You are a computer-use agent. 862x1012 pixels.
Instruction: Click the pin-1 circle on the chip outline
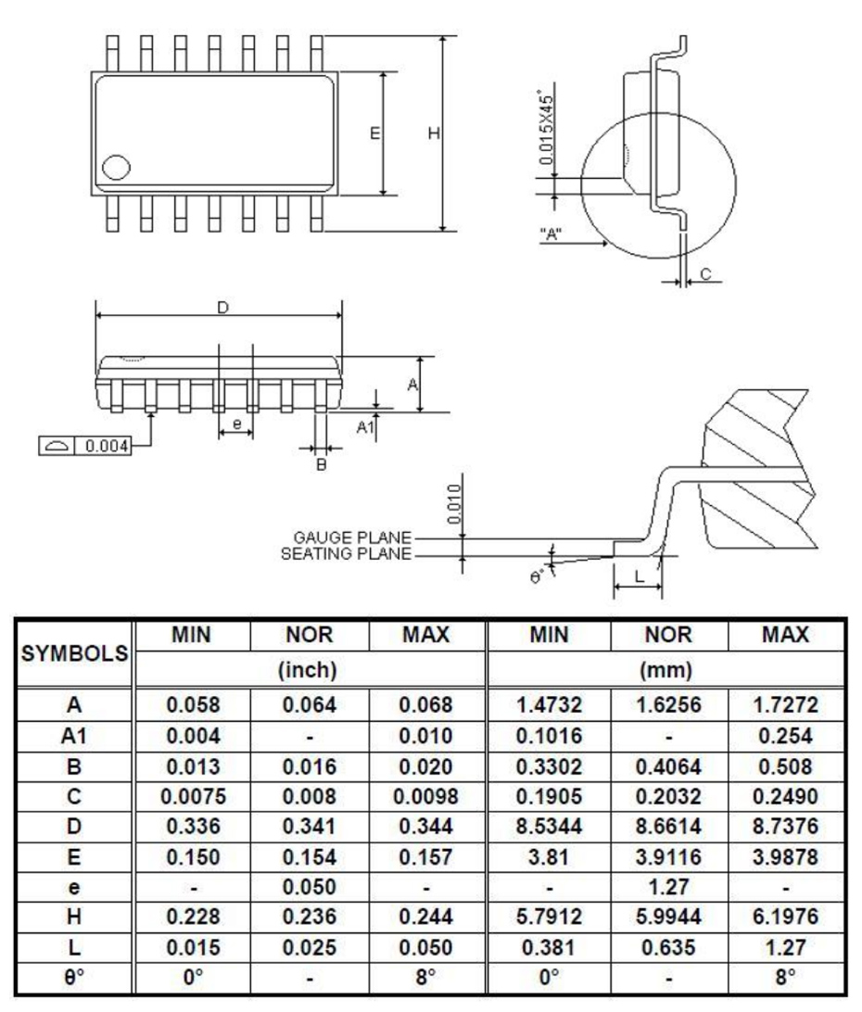[x=117, y=168]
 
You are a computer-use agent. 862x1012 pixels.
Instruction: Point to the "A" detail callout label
[x=552, y=234]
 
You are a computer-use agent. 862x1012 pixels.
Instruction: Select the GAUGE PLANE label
[x=353, y=538]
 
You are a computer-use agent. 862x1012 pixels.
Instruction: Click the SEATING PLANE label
[x=349, y=554]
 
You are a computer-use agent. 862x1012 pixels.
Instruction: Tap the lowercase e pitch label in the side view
[x=236, y=424]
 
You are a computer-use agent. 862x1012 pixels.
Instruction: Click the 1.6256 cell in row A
[x=668, y=705]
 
